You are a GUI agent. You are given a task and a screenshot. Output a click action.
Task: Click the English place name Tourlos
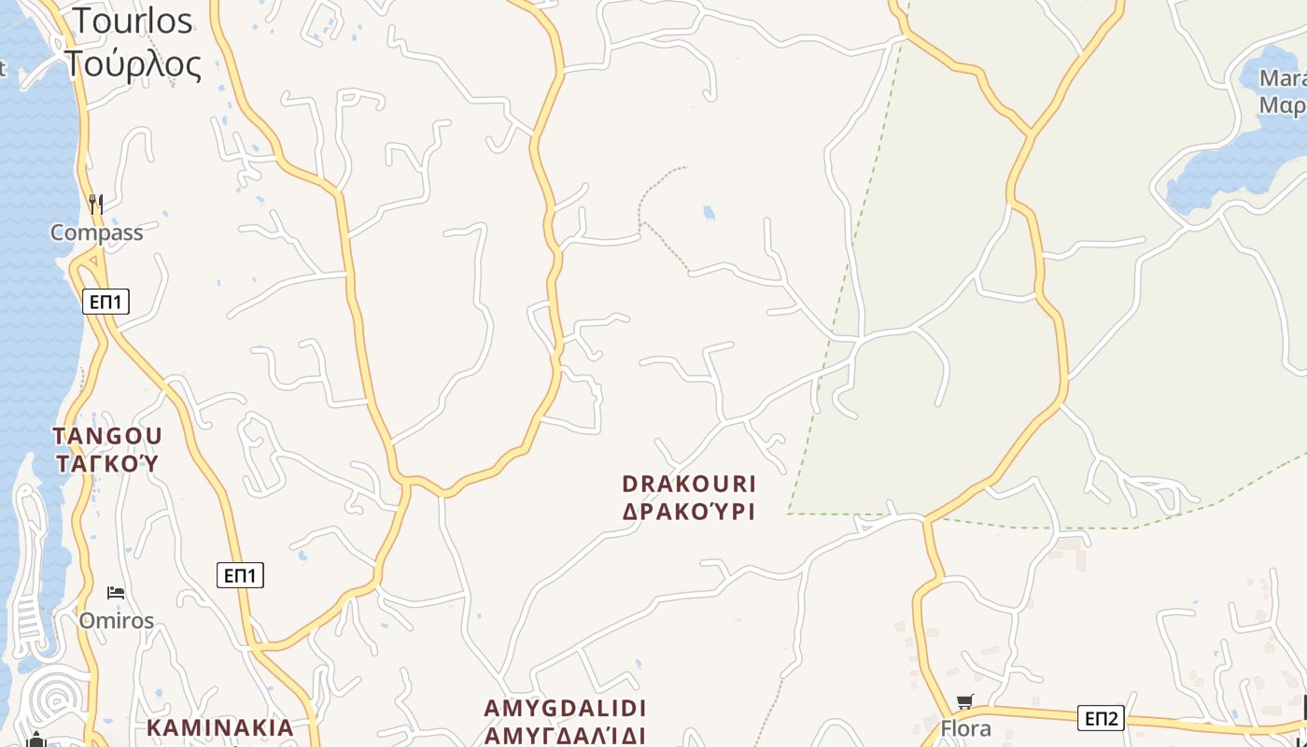[x=133, y=21]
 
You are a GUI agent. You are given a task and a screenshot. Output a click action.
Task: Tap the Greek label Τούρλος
[x=133, y=64]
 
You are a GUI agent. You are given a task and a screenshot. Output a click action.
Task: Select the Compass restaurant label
[x=97, y=233]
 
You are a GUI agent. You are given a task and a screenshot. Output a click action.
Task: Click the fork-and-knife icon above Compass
[x=95, y=203]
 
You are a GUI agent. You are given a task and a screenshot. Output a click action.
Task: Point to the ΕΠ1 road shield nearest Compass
[x=105, y=302]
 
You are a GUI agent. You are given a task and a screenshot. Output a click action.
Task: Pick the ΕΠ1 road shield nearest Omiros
[x=240, y=575]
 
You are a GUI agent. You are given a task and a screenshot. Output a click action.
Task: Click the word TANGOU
[x=107, y=436]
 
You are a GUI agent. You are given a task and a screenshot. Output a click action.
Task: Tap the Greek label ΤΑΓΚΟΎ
[x=107, y=463]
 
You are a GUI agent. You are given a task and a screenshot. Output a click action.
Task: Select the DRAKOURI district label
[x=689, y=484]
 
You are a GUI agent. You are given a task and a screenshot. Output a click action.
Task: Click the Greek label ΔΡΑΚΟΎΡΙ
[x=689, y=511]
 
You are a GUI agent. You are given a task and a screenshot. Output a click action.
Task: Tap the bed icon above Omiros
[x=116, y=592]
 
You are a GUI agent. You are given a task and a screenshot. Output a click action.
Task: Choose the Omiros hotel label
[x=116, y=621]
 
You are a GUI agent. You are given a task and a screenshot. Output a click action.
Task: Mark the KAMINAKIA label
[x=220, y=727]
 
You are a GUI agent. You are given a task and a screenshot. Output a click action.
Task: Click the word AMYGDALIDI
[x=566, y=708]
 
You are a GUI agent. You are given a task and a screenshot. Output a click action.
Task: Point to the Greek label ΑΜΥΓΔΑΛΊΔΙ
[x=566, y=735]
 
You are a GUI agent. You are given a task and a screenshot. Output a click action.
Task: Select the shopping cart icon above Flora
[x=965, y=701]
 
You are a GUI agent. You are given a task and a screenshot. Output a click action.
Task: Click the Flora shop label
[x=965, y=728]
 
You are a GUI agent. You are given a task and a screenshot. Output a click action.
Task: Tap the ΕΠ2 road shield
[x=1102, y=718]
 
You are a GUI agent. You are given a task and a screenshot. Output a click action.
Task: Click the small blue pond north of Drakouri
[x=710, y=213]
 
